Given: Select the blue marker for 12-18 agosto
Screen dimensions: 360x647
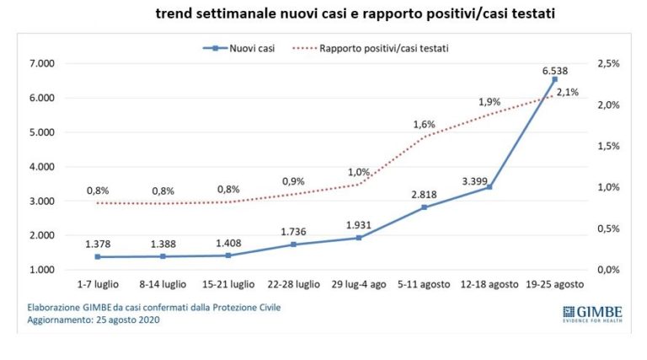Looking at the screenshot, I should point(489,187).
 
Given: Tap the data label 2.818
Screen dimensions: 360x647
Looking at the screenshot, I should point(424,193).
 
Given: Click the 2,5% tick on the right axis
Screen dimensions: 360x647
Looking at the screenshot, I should point(605,64).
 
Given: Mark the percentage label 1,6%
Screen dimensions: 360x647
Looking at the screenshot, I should point(424,124).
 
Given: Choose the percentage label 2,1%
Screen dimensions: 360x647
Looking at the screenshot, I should point(566,93).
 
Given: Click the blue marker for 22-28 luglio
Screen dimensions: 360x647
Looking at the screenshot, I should point(294,244).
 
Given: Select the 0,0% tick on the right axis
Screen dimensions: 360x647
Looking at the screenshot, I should point(605,270).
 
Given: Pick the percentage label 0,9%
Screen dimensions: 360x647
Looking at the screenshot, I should point(294,180).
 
